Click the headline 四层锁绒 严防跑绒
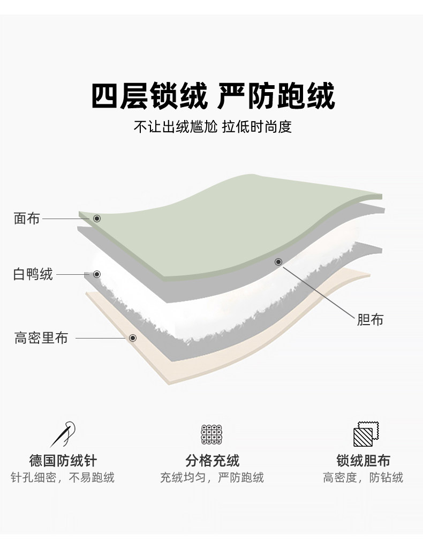(x=213, y=96)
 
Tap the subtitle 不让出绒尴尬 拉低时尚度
(x=213, y=127)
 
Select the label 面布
(x=26, y=219)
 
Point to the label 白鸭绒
(x=33, y=274)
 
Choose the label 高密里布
(x=41, y=338)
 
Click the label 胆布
(x=370, y=320)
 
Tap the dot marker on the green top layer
(x=97, y=219)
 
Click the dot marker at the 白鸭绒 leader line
(x=97, y=274)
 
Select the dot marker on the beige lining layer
(x=133, y=338)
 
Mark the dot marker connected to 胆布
(x=278, y=262)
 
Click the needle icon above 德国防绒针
(x=63, y=434)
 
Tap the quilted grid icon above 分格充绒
(x=211, y=434)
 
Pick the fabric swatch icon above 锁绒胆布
(x=364, y=434)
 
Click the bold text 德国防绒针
(x=63, y=460)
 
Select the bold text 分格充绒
(x=212, y=460)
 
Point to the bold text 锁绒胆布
(x=363, y=460)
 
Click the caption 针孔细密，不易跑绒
(x=63, y=477)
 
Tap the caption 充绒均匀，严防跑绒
(x=212, y=477)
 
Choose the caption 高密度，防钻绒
(x=363, y=477)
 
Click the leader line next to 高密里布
(x=102, y=338)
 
